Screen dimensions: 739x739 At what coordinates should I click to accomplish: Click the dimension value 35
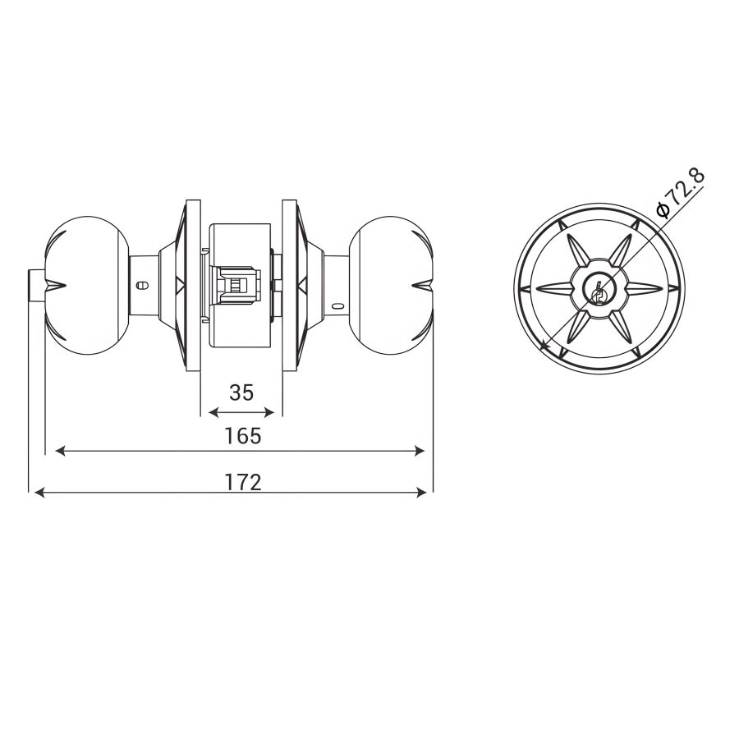click(241, 392)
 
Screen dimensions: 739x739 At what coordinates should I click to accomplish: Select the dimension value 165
click(242, 436)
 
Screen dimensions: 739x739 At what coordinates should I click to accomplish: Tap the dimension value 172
click(242, 482)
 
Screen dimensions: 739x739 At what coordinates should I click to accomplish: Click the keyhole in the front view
click(599, 291)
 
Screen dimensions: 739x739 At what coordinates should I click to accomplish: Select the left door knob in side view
click(88, 286)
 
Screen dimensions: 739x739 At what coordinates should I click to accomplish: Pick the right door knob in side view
click(390, 286)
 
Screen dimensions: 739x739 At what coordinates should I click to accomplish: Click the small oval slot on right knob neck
click(338, 307)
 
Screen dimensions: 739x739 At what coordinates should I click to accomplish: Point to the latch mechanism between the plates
click(240, 285)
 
